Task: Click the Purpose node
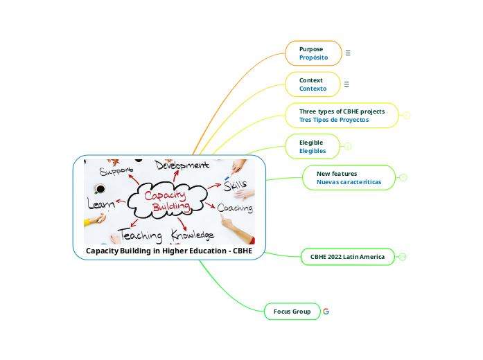313,53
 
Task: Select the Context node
313,84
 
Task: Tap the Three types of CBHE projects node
342,116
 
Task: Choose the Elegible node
313,147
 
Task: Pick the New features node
349,178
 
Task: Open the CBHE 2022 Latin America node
347,257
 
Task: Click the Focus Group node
292,312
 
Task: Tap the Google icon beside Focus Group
326,312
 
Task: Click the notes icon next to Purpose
348,53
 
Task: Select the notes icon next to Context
346,84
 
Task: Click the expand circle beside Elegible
348,147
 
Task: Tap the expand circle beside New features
403,178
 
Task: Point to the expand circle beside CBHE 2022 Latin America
403,257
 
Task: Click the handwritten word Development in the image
182,165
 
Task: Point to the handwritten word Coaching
235,208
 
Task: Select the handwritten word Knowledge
192,235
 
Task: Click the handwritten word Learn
101,204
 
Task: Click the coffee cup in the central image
100,189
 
